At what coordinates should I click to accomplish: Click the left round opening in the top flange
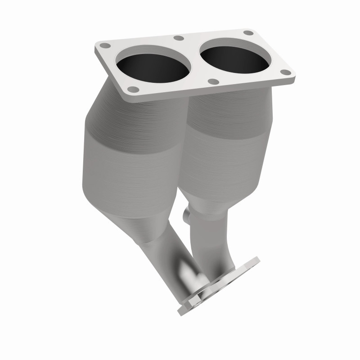pos(153,68)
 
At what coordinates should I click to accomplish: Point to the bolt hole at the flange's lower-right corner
pos(284,71)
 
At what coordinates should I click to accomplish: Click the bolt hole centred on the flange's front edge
pos(214,82)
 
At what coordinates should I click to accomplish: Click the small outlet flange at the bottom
pos(220,283)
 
